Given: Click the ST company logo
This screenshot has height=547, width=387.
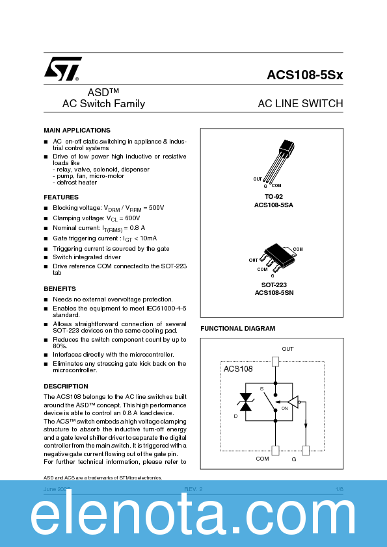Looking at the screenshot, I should (62, 68).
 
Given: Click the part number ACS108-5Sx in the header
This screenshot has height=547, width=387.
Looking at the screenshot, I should (304, 75).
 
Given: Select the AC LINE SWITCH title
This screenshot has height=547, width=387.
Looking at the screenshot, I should (300, 104).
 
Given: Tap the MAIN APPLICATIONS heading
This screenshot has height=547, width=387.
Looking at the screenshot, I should (77, 131).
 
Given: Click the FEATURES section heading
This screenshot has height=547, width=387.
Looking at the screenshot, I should (61, 197).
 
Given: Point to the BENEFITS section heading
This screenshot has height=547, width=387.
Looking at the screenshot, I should (60, 288).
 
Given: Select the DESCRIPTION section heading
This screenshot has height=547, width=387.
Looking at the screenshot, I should (66, 386).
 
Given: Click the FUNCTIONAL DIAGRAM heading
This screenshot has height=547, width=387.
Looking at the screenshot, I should (237, 329).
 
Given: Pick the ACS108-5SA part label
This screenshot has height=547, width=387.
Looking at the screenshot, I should (273, 205).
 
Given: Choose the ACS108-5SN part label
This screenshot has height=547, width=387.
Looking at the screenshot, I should (274, 293).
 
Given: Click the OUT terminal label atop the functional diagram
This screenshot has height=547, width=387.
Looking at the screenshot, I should (287, 349).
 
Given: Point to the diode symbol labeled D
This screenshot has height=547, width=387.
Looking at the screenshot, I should (245, 402).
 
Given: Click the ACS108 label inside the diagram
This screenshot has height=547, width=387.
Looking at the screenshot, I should (238, 369).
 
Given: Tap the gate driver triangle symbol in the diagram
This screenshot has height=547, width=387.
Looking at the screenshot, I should (293, 403).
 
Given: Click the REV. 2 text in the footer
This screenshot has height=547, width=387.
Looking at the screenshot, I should (193, 488).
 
